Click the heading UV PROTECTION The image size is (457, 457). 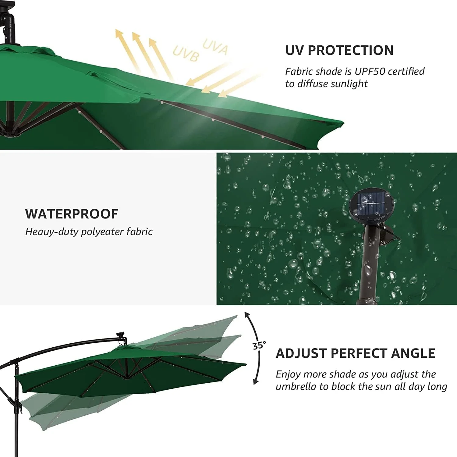click(x=339, y=50)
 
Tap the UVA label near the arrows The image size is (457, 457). click(x=215, y=47)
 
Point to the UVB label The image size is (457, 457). click(x=186, y=54)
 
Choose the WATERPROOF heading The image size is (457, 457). click(x=72, y=214)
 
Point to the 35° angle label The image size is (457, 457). click(x=259, y=345)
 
